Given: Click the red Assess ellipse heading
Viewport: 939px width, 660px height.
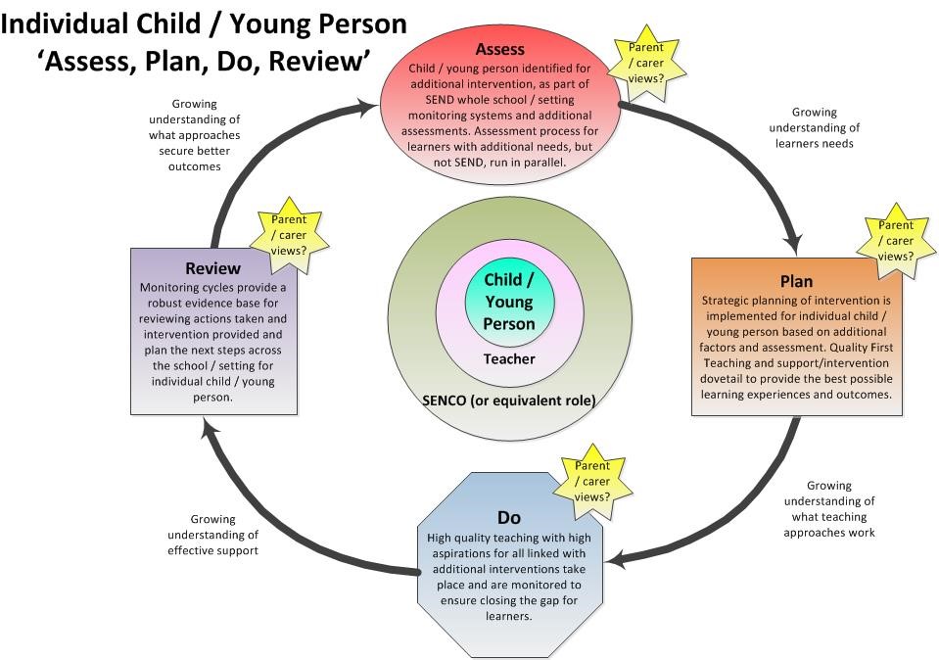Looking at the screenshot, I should pyautogui.click(x=499, y=49).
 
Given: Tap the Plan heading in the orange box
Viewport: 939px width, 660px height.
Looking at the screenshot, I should pyautogui.click(x=796, y=282).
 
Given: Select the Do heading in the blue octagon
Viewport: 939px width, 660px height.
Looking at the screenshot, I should pyautogui.click(x=508, y=517).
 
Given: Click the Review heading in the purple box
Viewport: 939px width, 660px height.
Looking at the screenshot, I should pyautogui.click(x=212, y=268).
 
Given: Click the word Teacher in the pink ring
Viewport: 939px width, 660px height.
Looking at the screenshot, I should pyautogui.click(x=509, y=358).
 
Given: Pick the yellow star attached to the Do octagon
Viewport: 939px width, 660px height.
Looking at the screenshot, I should pyautogui.click(x=591, y=481).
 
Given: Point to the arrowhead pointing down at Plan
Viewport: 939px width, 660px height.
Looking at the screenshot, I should pyautogui.click(x=795, y=244).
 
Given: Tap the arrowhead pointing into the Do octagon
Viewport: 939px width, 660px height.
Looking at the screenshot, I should pyautogui.click(x=613, y=559).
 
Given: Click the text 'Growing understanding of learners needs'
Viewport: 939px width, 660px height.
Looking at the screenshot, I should pyautogui.click(x=814, y=128).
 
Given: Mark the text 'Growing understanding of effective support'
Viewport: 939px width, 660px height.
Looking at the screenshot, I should pyautogui.click(x=212, y=535).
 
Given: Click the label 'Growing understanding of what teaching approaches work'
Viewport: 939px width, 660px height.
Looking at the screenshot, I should pyautogui.click(x=828, y=509).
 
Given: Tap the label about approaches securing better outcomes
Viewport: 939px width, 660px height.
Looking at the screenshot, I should pyautogui.click(x=194, y=135).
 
